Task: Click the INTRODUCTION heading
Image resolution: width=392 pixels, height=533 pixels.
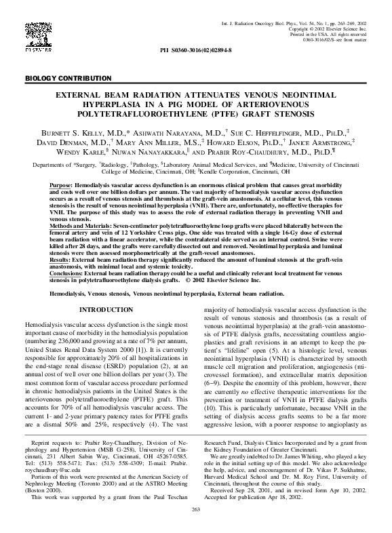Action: pos(106,309)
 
